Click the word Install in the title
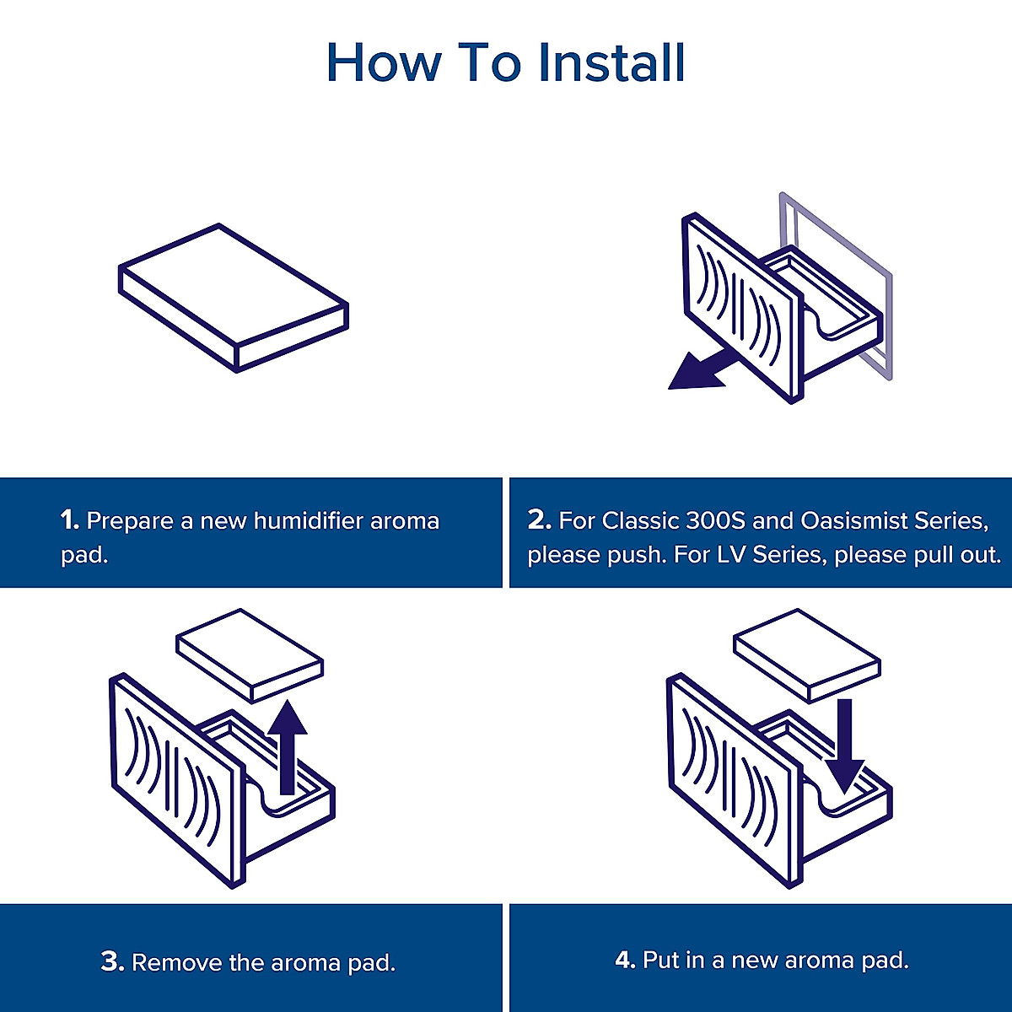[611, 62]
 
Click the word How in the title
[384, 62]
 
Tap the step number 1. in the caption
[70, 520]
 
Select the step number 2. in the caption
[539, 520]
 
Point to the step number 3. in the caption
[112, 961]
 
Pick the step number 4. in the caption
[625, 960]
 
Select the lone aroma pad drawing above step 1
[233, 297]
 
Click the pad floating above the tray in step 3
[250, 654]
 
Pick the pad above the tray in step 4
[807, 654]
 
